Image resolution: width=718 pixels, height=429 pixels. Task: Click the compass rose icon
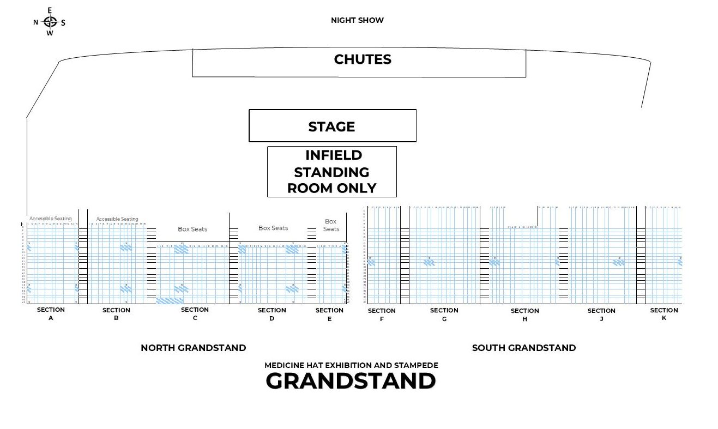(x=50, y=22)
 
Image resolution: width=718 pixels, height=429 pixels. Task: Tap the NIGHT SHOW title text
(x=357, y=20)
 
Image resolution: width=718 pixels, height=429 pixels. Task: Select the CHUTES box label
(x=363, y=59)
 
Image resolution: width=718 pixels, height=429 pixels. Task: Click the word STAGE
(x=331, y=126)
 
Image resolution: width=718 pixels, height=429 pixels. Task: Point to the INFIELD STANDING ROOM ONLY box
(x=331, y=172)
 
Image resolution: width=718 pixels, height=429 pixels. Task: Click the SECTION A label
(x=51, y=313)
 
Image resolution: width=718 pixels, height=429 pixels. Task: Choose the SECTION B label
(x=116, y=314)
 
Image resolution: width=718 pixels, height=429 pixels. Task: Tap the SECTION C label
(x=195, y=313)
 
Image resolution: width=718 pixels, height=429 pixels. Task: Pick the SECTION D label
(x=271, y=314)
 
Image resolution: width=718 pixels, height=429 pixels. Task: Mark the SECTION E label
(x=329, y=314)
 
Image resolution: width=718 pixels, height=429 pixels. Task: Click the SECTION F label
(x=382, y=315)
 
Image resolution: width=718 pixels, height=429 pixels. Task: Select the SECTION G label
(x=444, y=314)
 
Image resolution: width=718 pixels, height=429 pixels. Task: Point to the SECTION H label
(x=524, y=315)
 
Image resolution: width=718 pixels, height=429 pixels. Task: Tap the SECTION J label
(x=601, y=315)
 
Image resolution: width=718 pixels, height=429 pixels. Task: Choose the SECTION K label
(x=663, y=314)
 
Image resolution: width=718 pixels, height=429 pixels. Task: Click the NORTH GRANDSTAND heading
(x=193, y=348)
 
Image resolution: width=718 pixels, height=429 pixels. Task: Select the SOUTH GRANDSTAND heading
(x=523, y=348)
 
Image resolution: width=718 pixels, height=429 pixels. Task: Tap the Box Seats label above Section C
(x=192, y=229)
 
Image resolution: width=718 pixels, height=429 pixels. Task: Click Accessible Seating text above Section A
(x=50, y=219)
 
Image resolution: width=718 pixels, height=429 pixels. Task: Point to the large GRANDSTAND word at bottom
(x=351, y=381)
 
